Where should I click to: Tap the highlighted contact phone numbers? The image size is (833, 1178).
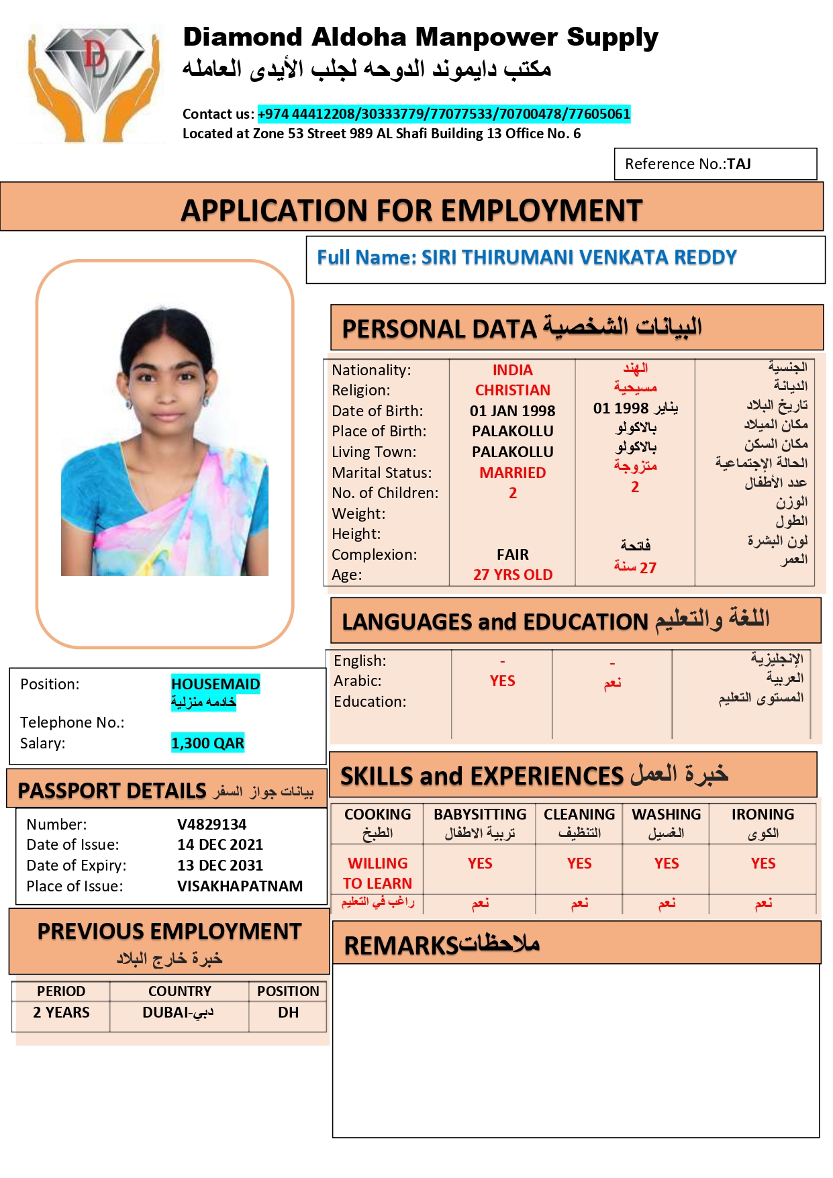[444, 114]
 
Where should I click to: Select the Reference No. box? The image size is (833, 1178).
[715, 164]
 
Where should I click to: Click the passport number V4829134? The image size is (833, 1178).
[211, 824]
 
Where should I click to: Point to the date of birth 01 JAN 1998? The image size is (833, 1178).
[512, 411]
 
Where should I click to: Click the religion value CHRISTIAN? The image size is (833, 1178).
[512, 391]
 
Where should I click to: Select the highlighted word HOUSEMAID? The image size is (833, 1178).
[215, 684]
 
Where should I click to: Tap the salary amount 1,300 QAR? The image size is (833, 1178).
[207, 743]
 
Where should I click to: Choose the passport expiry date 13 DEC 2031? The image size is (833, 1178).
[219, 865]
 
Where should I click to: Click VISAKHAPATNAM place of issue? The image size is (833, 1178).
[240, 886]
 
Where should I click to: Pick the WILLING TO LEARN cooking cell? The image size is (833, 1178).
[377, 873]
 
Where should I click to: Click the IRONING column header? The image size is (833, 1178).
[763, 814]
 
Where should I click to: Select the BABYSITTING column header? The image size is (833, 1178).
[480, 814]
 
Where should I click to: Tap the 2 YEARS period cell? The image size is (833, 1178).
[61, 1012]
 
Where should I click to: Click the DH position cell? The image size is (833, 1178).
[288, 1012]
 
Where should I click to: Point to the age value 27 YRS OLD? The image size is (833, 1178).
[512, 575]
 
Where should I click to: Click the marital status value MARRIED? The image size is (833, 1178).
[512, 473]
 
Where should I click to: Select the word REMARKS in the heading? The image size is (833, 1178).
[401, 946]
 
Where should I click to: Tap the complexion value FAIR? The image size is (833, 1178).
[512, 554]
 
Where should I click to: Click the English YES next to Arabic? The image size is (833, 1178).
[502, 681]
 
